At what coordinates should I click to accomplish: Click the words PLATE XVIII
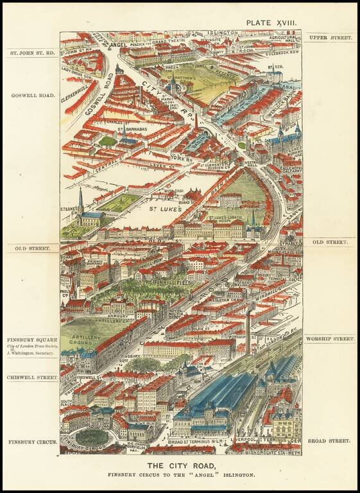273,22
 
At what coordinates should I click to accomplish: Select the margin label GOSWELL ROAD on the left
30,95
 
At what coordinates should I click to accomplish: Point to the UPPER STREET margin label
330,38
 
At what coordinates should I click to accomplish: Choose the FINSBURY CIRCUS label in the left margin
32,442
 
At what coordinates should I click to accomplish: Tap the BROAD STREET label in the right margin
330,442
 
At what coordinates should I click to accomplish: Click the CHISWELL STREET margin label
32,378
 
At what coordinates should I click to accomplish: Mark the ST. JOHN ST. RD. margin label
31,53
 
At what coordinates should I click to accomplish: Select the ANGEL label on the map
120,44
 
